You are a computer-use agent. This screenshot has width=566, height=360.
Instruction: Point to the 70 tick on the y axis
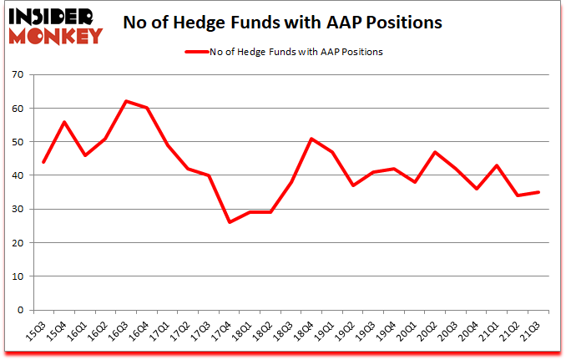(17, 75)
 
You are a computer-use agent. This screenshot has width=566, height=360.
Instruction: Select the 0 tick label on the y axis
(19, 310)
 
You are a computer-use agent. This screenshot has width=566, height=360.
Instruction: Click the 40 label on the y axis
(17, 175)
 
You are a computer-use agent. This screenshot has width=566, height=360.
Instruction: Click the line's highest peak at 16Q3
(126, 101)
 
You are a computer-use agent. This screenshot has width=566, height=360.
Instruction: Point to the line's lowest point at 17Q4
(230, 222)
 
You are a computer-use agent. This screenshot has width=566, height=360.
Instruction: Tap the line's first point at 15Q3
(43, 162)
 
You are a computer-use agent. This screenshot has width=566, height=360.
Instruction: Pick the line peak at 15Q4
(63, 122)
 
